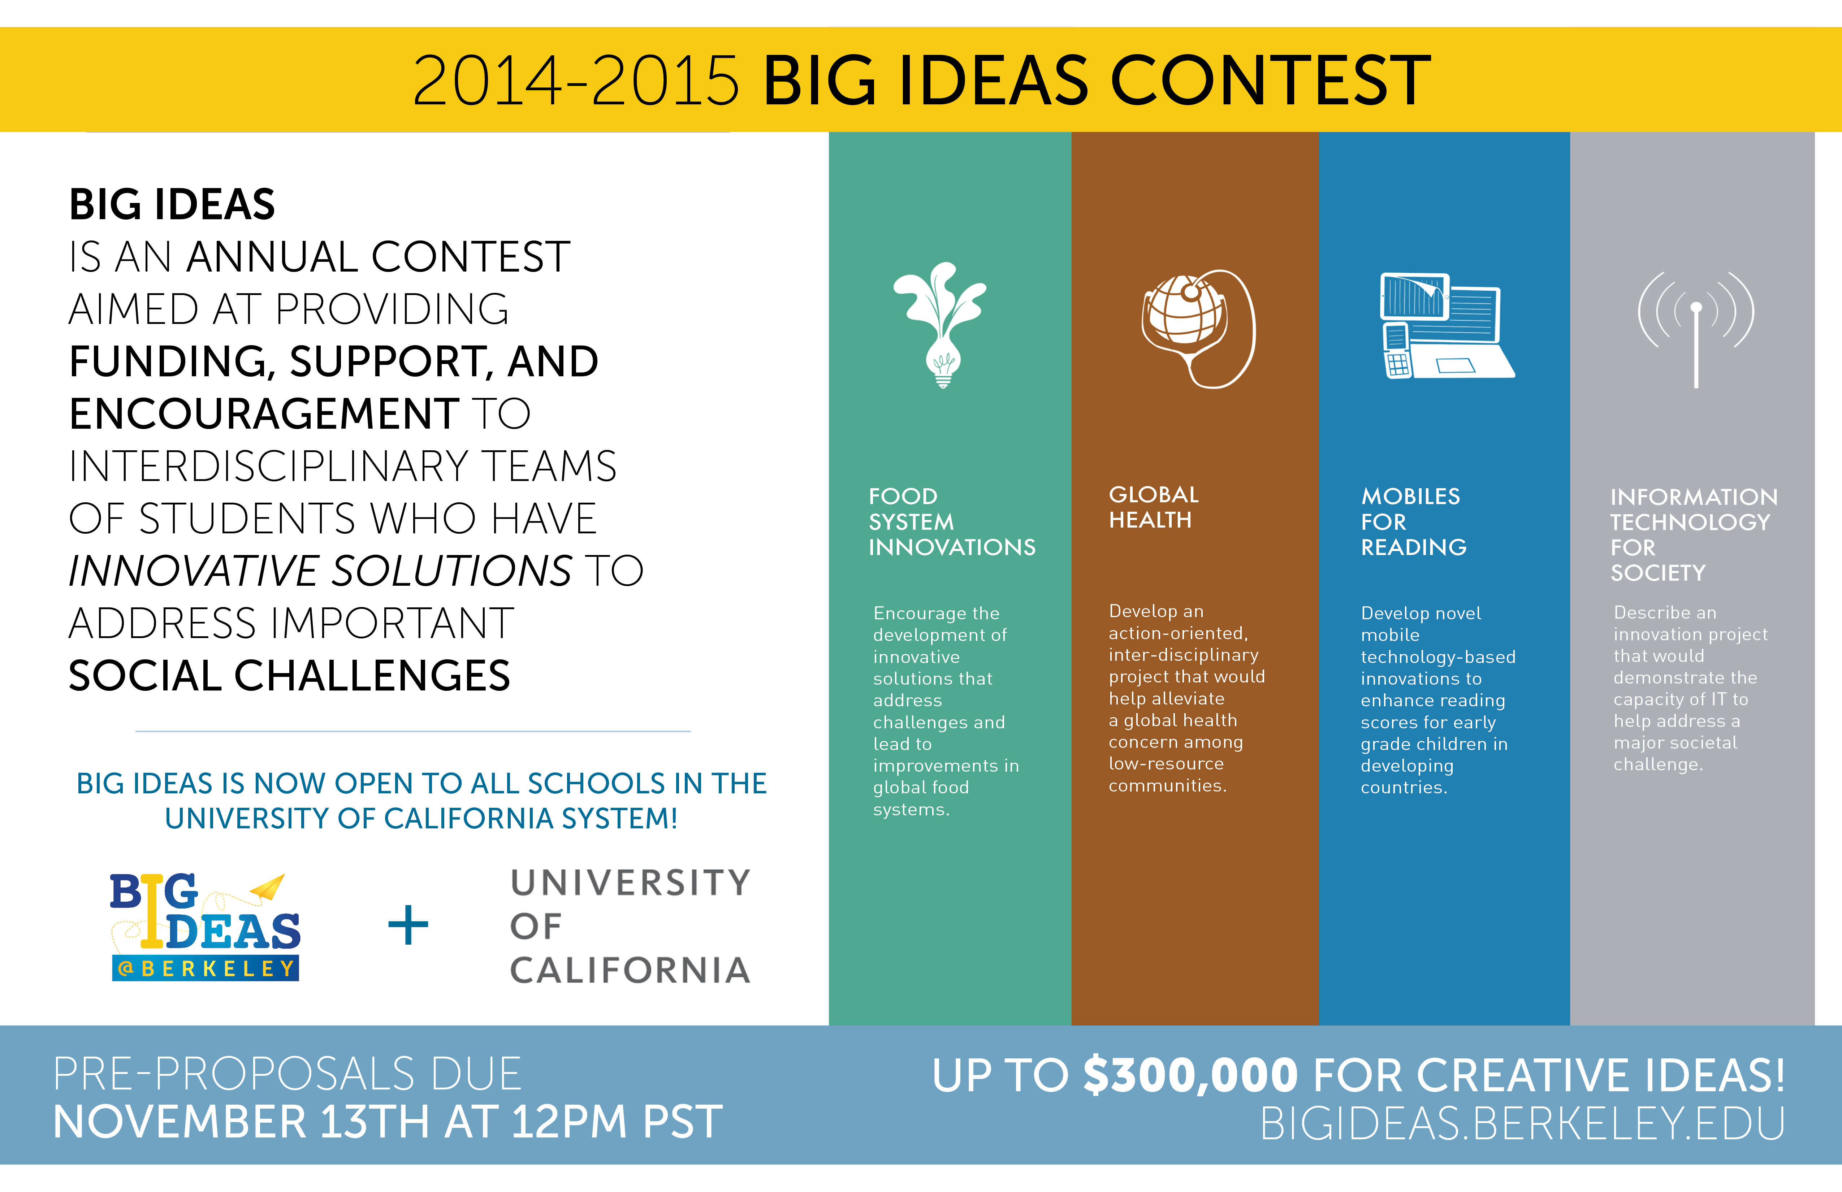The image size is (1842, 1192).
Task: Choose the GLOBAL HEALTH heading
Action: [1153, 507]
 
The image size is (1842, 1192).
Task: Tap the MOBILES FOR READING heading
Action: [1413, 522]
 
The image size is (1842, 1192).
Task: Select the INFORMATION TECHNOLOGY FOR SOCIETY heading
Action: [1694, 534]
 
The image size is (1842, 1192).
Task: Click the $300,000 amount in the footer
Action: [1190, 1075]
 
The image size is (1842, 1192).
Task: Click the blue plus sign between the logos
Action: [408, 925]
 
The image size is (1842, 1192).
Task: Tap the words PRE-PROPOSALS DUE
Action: [287, 1074]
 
